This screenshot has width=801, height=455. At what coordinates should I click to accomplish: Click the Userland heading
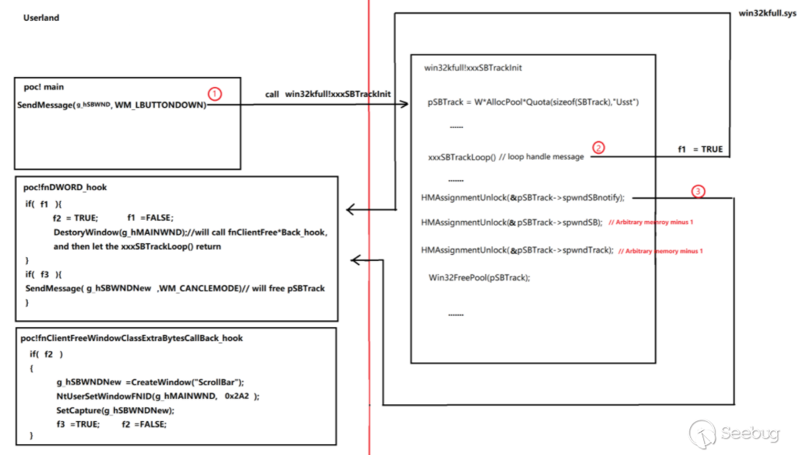41,18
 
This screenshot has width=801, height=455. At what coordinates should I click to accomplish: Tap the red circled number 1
215,93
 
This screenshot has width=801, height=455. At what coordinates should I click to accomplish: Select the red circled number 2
598,147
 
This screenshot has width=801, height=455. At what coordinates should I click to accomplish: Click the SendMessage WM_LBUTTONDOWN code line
112,105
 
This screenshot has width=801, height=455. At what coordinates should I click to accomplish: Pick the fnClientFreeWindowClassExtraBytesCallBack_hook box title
132,338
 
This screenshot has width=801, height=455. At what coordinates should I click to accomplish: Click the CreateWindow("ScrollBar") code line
149,383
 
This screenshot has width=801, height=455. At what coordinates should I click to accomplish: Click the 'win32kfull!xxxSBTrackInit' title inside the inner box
473,68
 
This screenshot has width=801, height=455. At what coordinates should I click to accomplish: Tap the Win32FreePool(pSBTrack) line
479,277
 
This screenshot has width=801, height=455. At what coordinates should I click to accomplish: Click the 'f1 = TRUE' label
700,149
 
